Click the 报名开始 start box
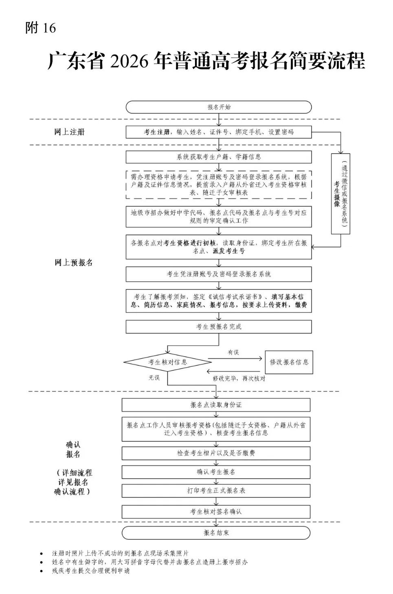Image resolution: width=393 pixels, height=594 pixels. click(x=219, y=107)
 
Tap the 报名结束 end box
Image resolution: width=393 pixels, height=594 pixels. click(x=216, y=533)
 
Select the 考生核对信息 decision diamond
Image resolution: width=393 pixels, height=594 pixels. click(x=168, y=362)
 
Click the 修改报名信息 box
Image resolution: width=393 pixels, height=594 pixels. click(x=289, y=362)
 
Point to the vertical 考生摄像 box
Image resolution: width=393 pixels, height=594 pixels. click(x=340, y=194)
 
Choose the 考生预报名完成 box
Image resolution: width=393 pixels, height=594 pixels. click(x=219, y=326)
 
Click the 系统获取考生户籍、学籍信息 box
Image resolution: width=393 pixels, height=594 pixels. click(x=219, y=157)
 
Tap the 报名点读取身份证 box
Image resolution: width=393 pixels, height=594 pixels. click(x=216, y=405)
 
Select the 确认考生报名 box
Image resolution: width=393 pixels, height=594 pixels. click(x=216, y=472)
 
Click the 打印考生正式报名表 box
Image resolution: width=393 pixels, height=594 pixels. click(x=216, y=491)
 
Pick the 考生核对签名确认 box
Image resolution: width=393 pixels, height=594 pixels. click(x=216, y=511)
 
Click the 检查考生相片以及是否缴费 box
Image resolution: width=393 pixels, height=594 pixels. click(x=216, y=453)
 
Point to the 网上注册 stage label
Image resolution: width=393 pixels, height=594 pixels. click(x=69, y=132)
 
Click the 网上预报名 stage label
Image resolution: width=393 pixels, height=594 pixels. click(x=74, y=263)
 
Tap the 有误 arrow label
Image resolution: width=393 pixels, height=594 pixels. click(x=233, y=352)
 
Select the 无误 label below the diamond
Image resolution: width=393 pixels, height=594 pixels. click(x=154, y=378)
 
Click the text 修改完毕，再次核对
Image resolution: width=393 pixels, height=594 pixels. click(x=239, y=379)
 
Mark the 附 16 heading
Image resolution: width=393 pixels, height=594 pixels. click(x=40, y=28)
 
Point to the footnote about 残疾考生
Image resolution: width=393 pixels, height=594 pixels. click(x=90, y=570)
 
